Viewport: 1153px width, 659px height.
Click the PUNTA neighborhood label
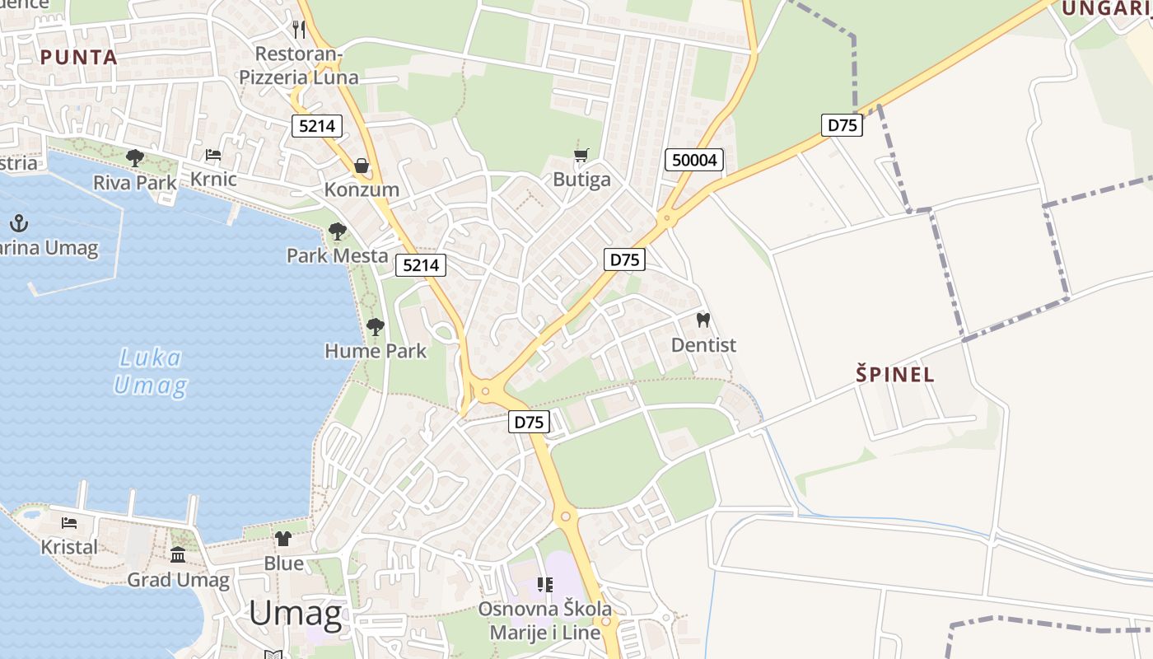[79, 57]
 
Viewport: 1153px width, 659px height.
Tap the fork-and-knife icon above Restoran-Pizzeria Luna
[299, 30]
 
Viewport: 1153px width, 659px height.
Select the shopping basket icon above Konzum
[362, 166]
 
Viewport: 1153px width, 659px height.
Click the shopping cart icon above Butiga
[581, 155]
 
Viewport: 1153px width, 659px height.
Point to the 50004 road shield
[694, 160]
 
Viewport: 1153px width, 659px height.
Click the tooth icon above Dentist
[703, 320]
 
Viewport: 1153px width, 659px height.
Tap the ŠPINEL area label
[895, 375]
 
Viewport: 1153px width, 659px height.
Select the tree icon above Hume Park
[376, 327]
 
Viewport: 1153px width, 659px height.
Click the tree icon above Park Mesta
[337, 231]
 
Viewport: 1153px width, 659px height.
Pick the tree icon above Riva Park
[135, 158]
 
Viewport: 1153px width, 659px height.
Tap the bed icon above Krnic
[213, 155]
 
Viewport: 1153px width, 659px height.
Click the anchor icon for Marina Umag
[19, 223]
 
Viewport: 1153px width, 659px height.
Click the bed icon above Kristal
[69, 523]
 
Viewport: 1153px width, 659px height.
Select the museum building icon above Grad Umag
[178, 554]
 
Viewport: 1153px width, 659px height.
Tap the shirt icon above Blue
[283, 539]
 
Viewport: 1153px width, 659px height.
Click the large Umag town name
[295, 614]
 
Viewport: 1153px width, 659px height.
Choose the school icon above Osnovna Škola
[544, 585]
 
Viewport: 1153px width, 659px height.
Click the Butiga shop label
[581, 180]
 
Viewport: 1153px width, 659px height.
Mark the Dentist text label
[703, 344]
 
